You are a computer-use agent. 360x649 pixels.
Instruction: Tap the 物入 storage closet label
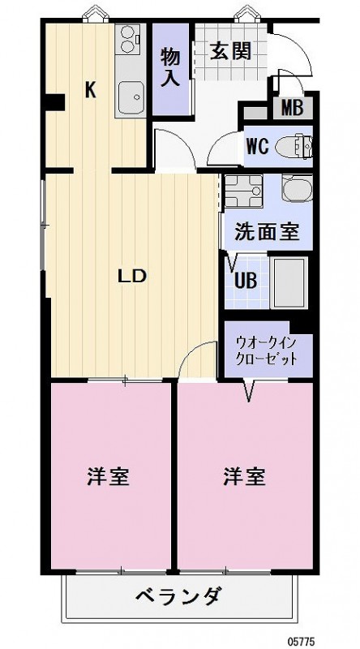pyautogui.click(x=169, y=67)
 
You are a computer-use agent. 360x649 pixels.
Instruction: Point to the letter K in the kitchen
pyautogui.click(x=91, y=89)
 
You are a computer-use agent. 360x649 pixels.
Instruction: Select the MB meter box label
pyautogui.click(x=293, y=108)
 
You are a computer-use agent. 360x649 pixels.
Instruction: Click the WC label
pyautogui.click(x=259, y=148)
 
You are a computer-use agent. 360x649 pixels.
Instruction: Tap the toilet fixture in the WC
pyautogui.click(x=293, y=147)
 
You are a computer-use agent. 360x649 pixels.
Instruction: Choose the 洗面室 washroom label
pyautogui.click(x=267, y=231)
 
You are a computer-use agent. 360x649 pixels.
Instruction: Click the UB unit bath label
pyautogui.click(x=245, y=280)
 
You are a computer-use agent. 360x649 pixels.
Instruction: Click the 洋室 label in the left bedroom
pyautogui.click(x=109, y=476)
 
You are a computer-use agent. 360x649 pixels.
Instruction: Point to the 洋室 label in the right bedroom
pyautogui.click(x=245, y=476)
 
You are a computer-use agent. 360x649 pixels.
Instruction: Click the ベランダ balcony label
pyautogui.click(x=178, y=599)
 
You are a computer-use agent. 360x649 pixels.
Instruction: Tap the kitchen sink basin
pyautogui.click(x=130, y=99)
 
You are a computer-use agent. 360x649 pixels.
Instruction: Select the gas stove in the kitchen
pyautogui.click(x=130, y=39)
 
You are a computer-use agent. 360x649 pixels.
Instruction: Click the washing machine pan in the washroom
pyautogui.click(x=242, y=192)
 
